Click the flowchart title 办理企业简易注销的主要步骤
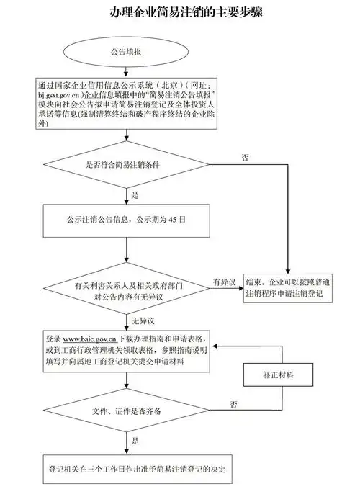coord(180,14)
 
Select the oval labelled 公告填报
coord(125,53)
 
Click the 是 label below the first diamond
coord(135,194)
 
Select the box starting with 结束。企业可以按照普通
coord(288,290)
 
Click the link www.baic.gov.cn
coord(90,338)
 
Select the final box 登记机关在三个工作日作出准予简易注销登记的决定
coord(137,469)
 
